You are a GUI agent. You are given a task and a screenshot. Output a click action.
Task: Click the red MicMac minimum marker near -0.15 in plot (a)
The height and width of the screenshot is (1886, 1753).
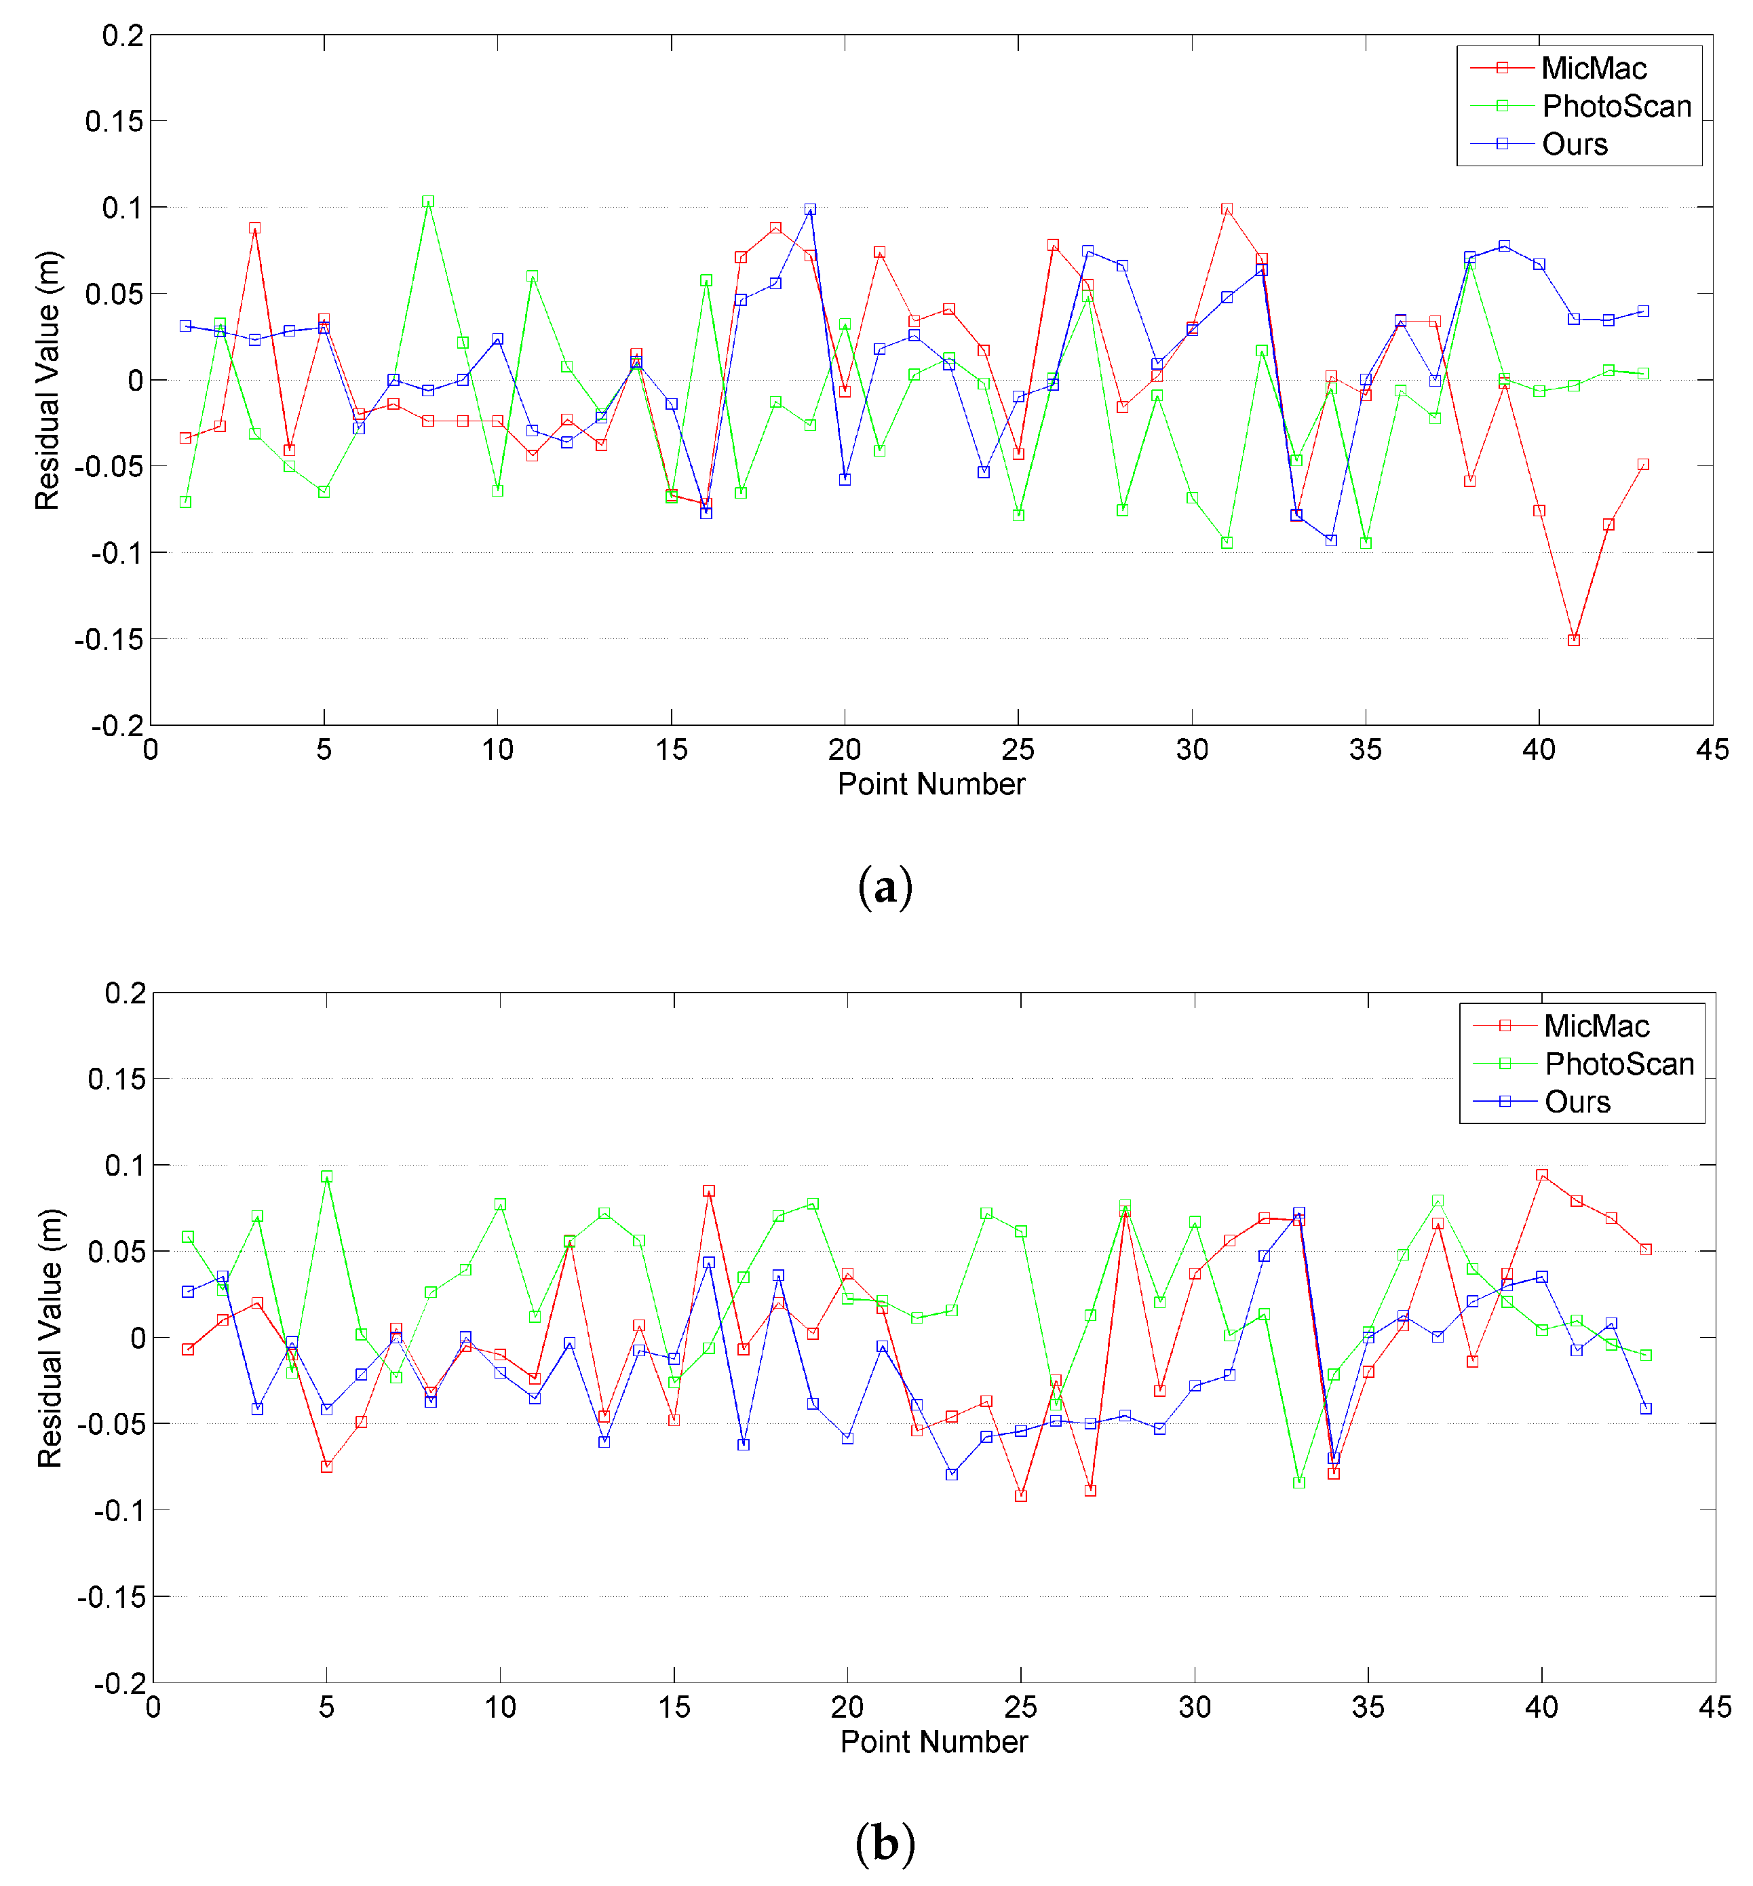click(x=1574, y=640)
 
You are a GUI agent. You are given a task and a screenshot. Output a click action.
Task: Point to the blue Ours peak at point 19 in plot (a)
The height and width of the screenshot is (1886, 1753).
click(x=810, y=209)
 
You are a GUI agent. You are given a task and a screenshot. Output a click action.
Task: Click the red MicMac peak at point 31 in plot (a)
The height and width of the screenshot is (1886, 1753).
click(x=1227, y=209)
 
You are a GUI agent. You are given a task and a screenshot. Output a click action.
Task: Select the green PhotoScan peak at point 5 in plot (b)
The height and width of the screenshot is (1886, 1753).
click(x=326, y=1176)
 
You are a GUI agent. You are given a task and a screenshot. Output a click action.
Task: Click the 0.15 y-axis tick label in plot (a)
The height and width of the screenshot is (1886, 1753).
click(x=114, y=121)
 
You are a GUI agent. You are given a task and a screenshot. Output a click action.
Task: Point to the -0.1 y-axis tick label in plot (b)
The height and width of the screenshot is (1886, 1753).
click(x=119, y=1510)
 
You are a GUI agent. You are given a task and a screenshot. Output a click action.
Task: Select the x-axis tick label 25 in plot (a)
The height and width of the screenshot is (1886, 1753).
click(x=1018, y=750)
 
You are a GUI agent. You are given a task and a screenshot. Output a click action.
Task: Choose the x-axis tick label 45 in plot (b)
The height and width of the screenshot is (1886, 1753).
click(x=1714, y=1708)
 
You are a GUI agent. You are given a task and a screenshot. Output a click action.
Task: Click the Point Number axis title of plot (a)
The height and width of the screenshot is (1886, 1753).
click(x=931, y=784)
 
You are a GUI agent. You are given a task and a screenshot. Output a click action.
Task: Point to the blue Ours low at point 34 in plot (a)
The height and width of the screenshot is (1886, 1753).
click(x=1331, y=540)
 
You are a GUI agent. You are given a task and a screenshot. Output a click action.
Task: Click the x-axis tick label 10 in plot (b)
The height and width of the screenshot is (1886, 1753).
click(x=500, y=1708)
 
